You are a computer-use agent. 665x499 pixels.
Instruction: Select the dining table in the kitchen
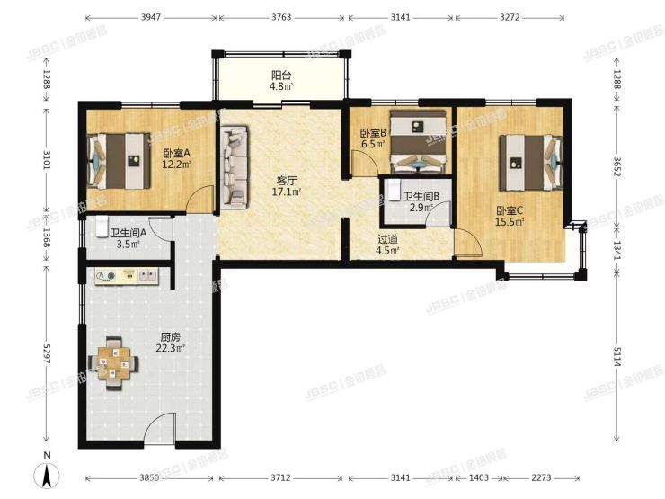click(113, 363)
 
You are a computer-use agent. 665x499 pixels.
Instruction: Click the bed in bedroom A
click(120, 161)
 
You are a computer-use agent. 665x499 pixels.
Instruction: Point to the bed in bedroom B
click(418, 142)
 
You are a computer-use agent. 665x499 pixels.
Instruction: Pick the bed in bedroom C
click(531, 163)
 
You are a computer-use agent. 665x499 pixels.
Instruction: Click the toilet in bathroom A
click(102, 227)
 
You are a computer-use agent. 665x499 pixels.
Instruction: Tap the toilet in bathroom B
click(393, 189)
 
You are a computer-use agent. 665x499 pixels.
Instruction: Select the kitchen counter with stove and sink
click(127, 276)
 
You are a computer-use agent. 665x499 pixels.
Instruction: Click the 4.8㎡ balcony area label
click(281, 86)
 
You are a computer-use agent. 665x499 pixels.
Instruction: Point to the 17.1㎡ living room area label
click(287, 192)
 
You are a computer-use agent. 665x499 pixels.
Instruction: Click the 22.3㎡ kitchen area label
click(171, 348)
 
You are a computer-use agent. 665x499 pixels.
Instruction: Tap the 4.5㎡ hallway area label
click(387, 250)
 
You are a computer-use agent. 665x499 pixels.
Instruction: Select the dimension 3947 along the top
click(151, 17)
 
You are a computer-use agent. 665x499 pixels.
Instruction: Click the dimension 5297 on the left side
click(46, 352)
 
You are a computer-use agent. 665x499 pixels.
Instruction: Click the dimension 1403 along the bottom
click(479, 477)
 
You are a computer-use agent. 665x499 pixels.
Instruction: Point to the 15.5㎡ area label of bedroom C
click(510, 221)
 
